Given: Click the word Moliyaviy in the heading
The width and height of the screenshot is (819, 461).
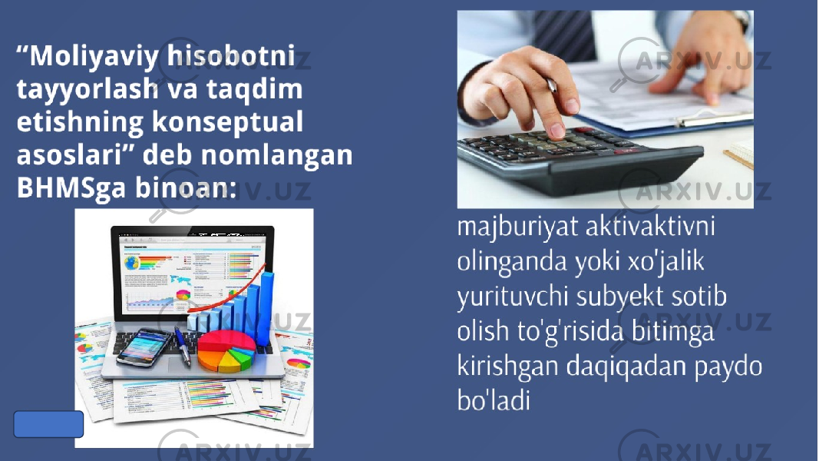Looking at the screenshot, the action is click(94, 56).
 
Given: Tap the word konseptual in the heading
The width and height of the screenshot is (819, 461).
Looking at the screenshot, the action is click(227, 122).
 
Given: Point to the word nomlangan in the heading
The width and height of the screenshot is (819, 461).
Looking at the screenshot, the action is click(276, 154).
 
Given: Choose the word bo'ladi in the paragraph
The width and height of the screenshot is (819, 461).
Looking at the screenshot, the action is click(494, 400).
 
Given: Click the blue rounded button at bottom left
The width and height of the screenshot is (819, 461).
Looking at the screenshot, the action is click(48, 424).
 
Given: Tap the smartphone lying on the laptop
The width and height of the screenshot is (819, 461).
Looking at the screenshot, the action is click(144, 347).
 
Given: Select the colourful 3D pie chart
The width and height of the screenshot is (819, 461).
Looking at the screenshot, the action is click(226, 350).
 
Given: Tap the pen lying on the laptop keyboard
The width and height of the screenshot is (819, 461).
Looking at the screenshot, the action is click(183, 346).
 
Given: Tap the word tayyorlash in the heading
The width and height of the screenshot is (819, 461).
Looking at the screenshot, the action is click(88, 89).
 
